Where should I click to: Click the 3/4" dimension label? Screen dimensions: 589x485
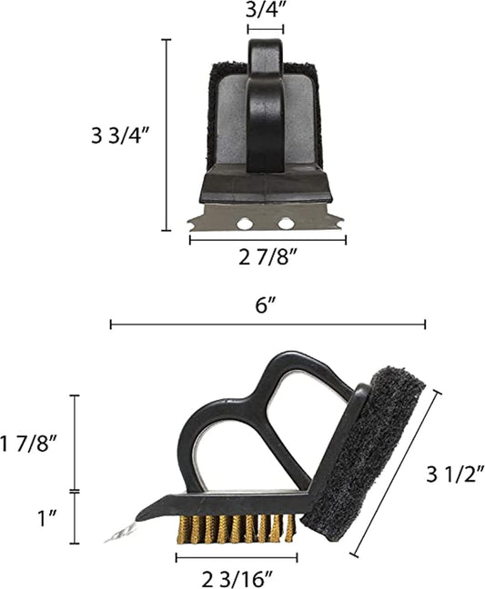264,11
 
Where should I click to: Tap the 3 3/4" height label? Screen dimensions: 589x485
120,136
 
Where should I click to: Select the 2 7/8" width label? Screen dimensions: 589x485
268,257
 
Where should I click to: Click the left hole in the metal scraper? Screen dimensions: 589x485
244,223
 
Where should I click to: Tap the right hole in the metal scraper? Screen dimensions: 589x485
287,223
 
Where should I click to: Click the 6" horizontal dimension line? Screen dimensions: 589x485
268,324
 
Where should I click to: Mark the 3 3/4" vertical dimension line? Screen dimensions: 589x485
167,136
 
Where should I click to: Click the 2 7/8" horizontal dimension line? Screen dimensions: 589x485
268,240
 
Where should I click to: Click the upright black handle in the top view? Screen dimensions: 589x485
266,109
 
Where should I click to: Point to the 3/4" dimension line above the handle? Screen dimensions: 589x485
266,29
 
